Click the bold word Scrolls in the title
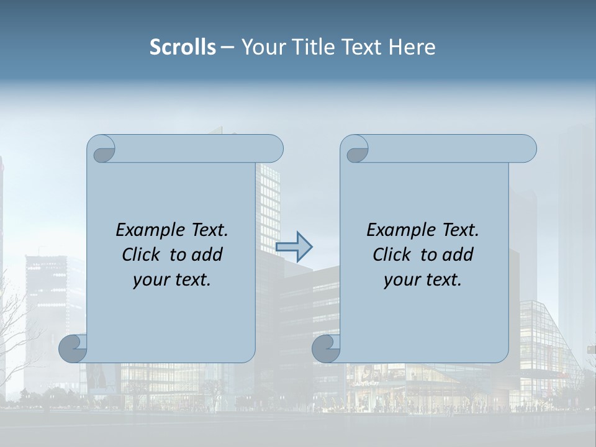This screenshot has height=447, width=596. [183, 47]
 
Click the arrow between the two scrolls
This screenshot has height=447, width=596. [294, 246]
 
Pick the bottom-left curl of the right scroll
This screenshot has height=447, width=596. [327, 348]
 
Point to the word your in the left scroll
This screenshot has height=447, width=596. [149, 280]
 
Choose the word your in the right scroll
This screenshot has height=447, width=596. [400, 280]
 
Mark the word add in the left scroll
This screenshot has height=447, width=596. [208, 255]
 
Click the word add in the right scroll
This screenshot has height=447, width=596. [459, 255]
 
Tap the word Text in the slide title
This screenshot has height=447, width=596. [361, 47]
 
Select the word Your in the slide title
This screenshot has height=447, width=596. [263, 47]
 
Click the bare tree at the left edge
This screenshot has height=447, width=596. [16, 335]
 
